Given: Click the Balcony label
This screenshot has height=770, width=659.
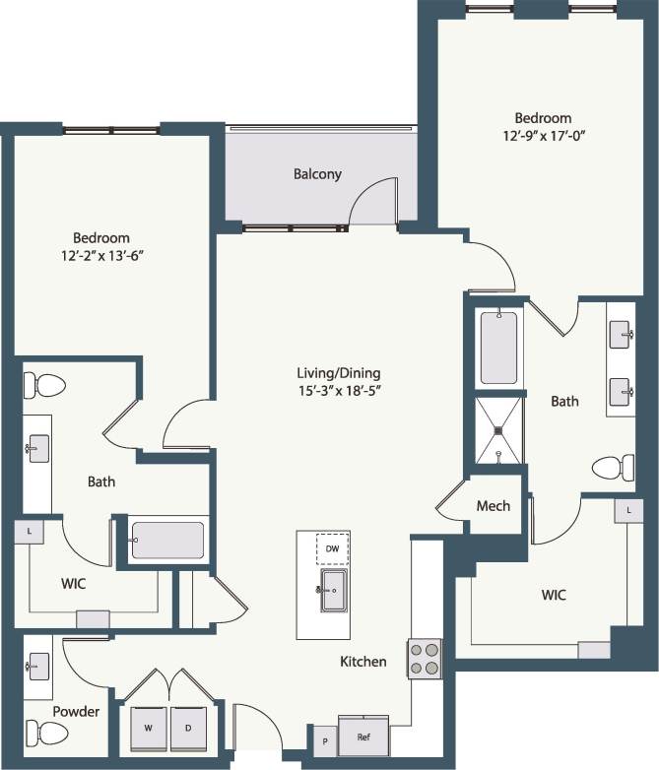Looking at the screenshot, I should click(317, 174).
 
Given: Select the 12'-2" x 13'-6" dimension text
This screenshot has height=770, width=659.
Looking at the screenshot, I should click(101, 255).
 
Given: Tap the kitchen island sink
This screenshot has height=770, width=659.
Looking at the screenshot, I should click(332, 590).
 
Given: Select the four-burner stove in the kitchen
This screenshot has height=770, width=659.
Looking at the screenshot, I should click(426, 658).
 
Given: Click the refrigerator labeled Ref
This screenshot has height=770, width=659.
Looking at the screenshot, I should click(362, 735).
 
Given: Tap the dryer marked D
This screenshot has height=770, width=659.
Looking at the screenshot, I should click(187, 729).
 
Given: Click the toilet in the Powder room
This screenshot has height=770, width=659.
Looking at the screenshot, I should click(46, 732).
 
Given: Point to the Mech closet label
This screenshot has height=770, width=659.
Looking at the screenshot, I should click(493, 505).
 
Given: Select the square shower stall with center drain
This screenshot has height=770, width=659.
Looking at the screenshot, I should click(498, 429).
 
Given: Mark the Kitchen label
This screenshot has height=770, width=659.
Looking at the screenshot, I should click(362, 662).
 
